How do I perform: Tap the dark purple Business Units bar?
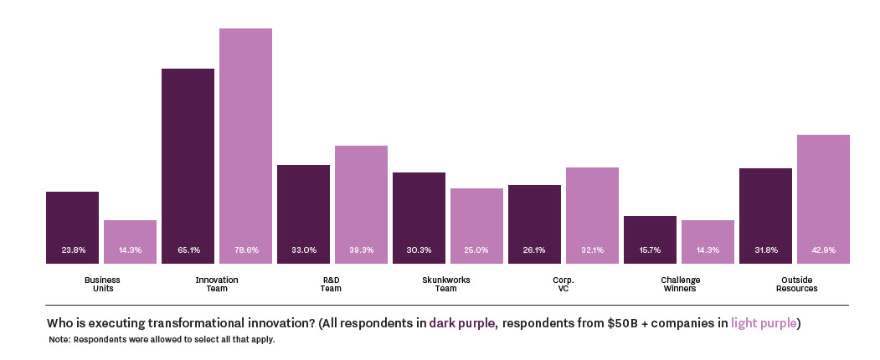click(x=72, y=227)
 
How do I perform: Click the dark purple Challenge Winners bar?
click(x=650, y=239)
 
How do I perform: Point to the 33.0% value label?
click(x=303, y=249)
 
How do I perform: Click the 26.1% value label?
click(x=534, y=249)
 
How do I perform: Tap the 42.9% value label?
click(x=823, y=249)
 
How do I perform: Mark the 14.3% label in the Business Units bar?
click(x=130, y=249)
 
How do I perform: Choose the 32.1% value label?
click(x=592, y=249)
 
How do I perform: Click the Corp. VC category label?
click(x=564, y=284)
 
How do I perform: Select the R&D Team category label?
click(x=332, y=284)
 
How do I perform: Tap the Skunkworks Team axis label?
click(x=447, y=284)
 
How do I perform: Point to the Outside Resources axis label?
click(x=795, y=284)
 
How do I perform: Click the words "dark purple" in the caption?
click(x=461, y=323)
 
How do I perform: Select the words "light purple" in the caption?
click(x=764, y=323)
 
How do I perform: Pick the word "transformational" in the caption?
click(x=178, y=323)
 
